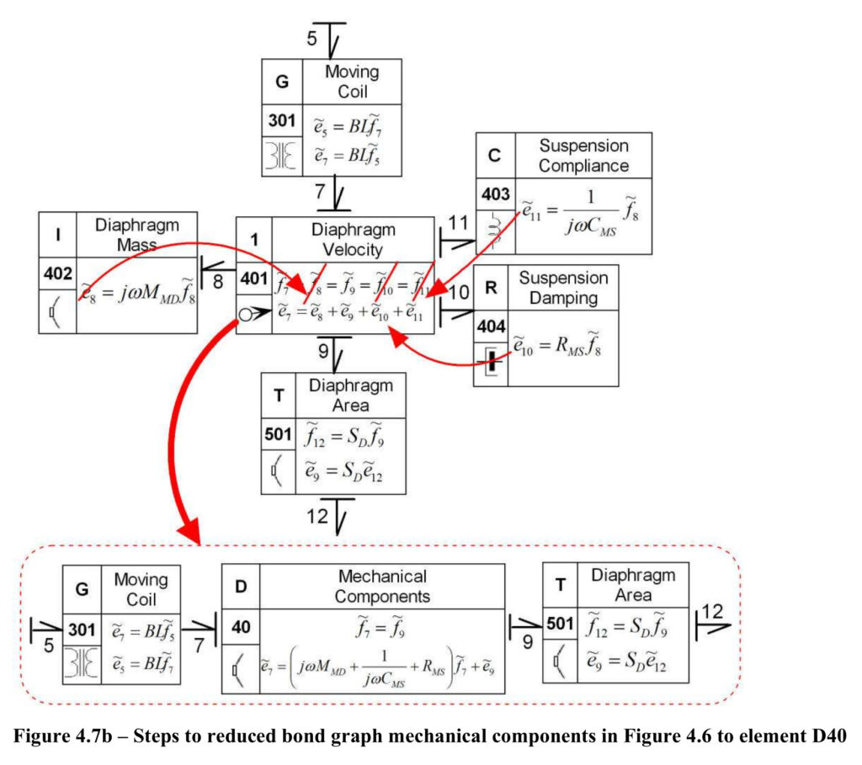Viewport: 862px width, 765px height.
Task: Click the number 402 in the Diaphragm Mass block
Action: (x=58, y=274)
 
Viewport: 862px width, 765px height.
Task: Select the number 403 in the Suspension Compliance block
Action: (x=495, y=194)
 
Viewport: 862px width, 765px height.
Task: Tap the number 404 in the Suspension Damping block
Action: (x=491, y=327)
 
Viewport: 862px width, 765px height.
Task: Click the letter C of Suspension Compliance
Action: (x=494, y=155)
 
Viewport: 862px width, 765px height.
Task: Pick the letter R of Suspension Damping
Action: (x=491, y=288)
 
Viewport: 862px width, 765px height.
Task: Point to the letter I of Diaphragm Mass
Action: (x=58, y=235)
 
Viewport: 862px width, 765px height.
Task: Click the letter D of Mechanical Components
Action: (x=240, y=587)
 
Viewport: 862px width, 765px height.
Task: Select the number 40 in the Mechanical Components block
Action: (x=241, y=626)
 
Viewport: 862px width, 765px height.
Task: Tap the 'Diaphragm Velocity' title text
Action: (x=353, y=240)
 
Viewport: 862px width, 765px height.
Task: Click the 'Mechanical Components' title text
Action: (x=383, y=587)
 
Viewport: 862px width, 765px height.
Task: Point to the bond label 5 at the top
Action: (x=311, y=39)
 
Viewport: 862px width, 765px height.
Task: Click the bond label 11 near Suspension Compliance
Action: (x=458, y=222)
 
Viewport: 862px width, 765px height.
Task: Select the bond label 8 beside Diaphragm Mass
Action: (x=218, y=282)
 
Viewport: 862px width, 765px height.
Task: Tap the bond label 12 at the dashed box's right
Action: (x=712, y=612)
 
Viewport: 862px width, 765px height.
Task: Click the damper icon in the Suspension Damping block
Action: (x=491, y=362)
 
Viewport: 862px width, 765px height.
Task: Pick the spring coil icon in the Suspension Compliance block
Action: (x=495, y=231)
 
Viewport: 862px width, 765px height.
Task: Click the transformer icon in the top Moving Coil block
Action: (x=281, y=156)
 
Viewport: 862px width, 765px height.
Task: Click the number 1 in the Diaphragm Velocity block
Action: (x=254, y=240)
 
